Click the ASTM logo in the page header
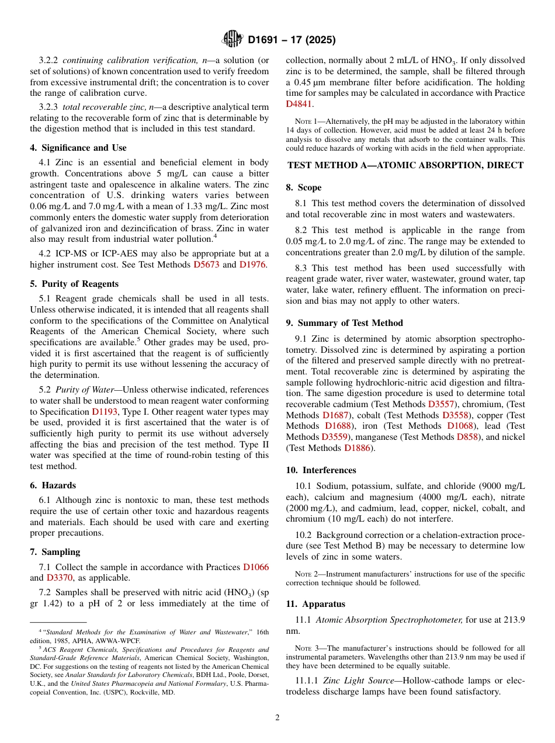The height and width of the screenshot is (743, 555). pyautogui.click(x=233, y=40)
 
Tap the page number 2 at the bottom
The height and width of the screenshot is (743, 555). pyautogui.click(x=277, y=718)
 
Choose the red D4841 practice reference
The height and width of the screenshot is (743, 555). pyautogui.click(x=299, y=104)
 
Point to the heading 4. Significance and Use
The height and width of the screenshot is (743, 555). pyautogui.click(x=78, y=148)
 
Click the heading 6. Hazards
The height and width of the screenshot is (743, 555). pyautogui.click(x=53, y=485)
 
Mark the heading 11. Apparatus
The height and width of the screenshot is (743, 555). pyautogui.click(x=315, y=604)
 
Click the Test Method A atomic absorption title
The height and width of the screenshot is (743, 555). pyautogui.click(x=405, y=165)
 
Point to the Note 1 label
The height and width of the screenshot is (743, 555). pyautogui.click(x=305, y=121)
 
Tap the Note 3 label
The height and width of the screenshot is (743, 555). pyautogui.click(x=305, y=648)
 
